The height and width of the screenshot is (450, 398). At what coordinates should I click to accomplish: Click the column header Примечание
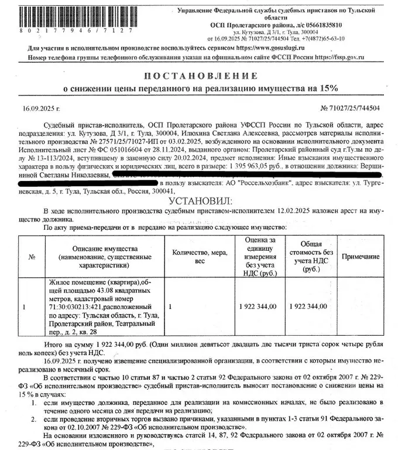tap(361, 257)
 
